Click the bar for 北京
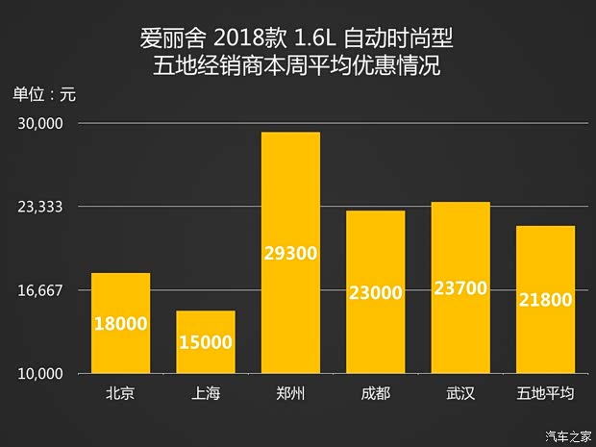(120, 323)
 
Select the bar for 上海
(205, 342)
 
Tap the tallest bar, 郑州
(290, 253)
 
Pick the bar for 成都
(375, 292)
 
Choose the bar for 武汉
(460, 287)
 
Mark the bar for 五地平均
(545, 299)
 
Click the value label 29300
(290, 254)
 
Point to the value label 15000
(205, 342)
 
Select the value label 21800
(545, 300)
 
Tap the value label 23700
(460, 287)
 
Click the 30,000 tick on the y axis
(39, 124)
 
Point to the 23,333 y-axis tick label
(39, 208)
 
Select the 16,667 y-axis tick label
(39, 290)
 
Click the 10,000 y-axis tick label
(39, 374)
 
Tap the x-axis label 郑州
(290, 393)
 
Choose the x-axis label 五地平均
(545, 393)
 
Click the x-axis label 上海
(205, 393)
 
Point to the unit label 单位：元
(43, 94)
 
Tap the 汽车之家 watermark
(566, 435)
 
